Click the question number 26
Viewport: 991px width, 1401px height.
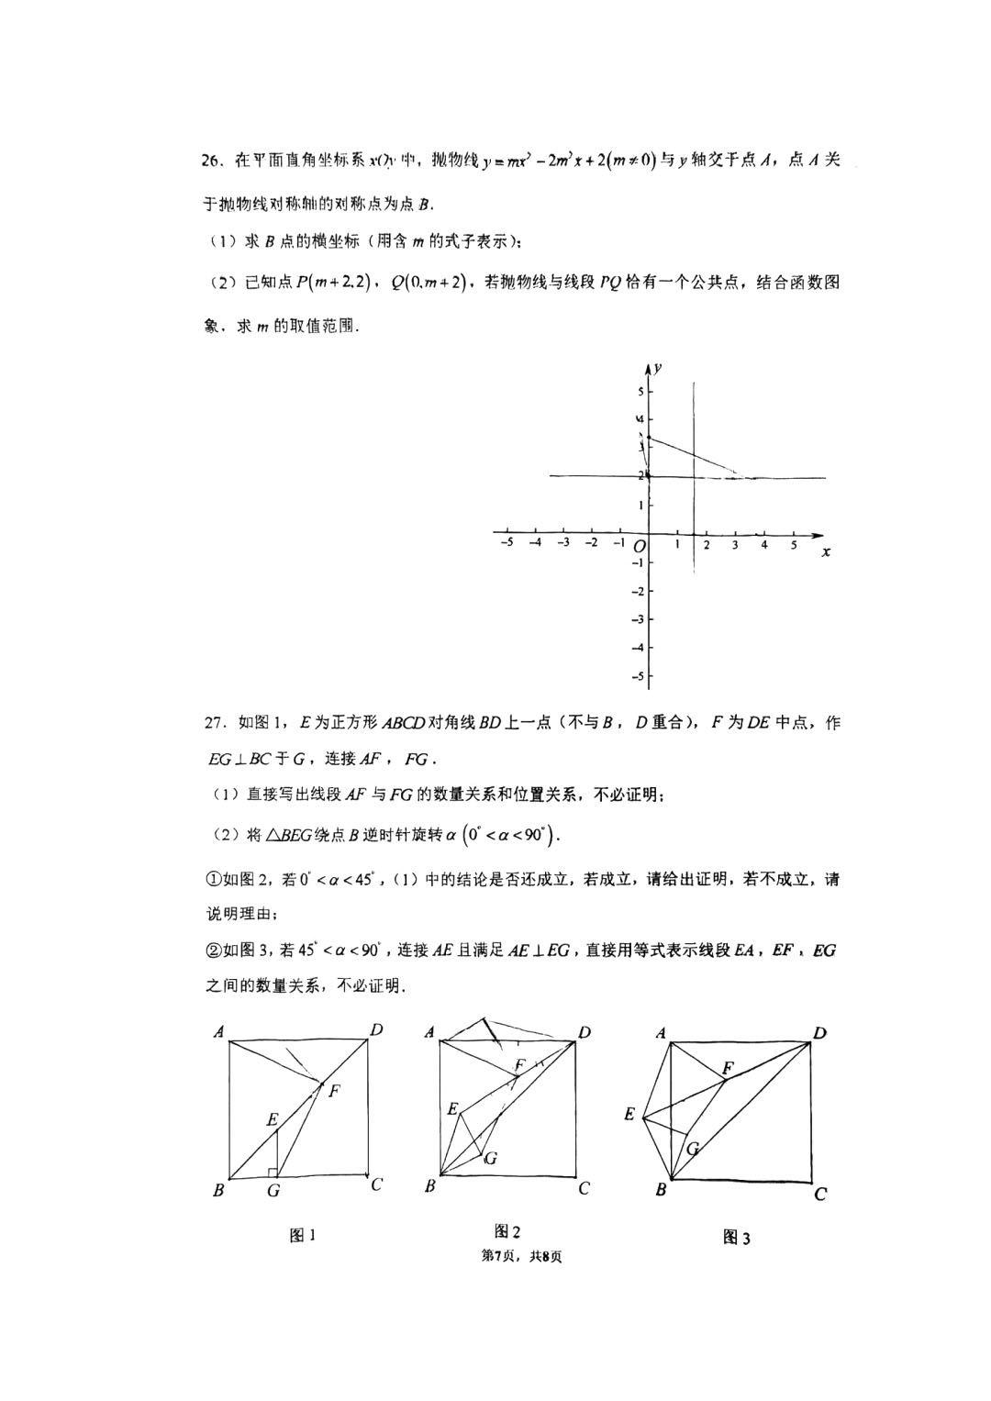[x=213, y=161]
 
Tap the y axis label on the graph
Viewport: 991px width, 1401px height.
[x=660, y=368]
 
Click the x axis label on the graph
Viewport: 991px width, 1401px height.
[x=826, y=551]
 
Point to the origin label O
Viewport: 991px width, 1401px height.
[x=640, y=547]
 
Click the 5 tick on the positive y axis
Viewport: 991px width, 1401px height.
[x=640, y=392]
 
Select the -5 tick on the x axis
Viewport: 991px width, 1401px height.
[x=506, y=543]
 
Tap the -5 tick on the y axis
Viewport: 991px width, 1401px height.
[x=639, y=677]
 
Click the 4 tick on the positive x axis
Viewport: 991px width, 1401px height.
[x=764, y=545]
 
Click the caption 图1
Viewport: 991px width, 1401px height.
[x=303, y=1235]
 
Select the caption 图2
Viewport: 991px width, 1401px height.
[x=507, y=1231]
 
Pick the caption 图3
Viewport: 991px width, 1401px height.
[x=737, y=1238]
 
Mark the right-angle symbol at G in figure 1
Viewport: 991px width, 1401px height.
[x=272, y=1172]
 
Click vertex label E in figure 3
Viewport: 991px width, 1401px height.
[x=629, y=1114]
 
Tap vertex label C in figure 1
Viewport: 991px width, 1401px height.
[x=376, y=1184]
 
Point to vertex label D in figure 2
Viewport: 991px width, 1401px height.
[x=585, y=1032]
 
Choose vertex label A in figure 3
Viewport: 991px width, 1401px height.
[x=661, y=1033]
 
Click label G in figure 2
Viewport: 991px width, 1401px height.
[x=492, y=1158]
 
